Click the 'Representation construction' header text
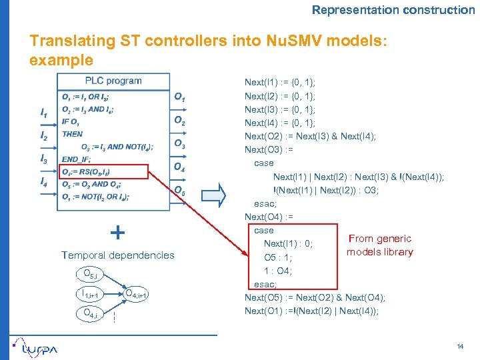(x=393, y=10)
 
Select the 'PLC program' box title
(x=113, y=81)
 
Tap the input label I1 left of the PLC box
(x=44, y=114)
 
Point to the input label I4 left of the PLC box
(x=44, y=182)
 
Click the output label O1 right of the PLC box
(x=179, y=97)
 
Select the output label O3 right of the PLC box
(x=179, y=144)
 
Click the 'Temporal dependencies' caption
(x=117, y=255)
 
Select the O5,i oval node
(x=87, y=274)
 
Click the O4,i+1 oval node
(x=136, y=294)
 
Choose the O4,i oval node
(x=88, y=314)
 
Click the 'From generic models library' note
(x=380, y=245)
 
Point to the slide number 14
(x=459, y=345)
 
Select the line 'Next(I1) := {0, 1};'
(x=280, y=83)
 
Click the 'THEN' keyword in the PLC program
(x=72, y=134)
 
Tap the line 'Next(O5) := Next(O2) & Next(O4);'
(x=315, y=297)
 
